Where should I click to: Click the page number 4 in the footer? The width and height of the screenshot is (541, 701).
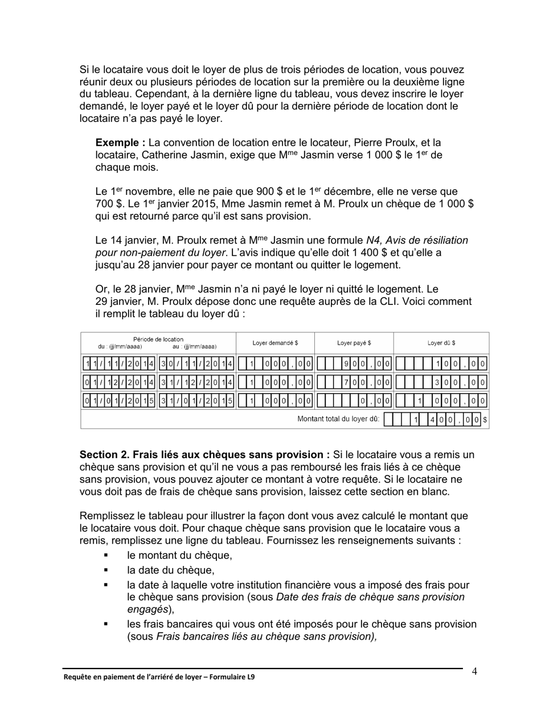tap(474, 671)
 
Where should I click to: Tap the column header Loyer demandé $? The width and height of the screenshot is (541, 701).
tap(275, 343)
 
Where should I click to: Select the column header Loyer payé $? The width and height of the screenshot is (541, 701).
tap(354, 343)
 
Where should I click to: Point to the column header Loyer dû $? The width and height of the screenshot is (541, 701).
tap(441, 343)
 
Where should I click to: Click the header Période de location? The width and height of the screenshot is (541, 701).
tap(158, 340)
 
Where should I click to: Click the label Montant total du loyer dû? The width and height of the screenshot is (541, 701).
tap(338, 419)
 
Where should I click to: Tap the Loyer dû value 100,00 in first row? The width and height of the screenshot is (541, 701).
tap(461, 364)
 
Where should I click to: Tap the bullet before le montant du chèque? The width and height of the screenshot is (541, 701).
tap(105, 555)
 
